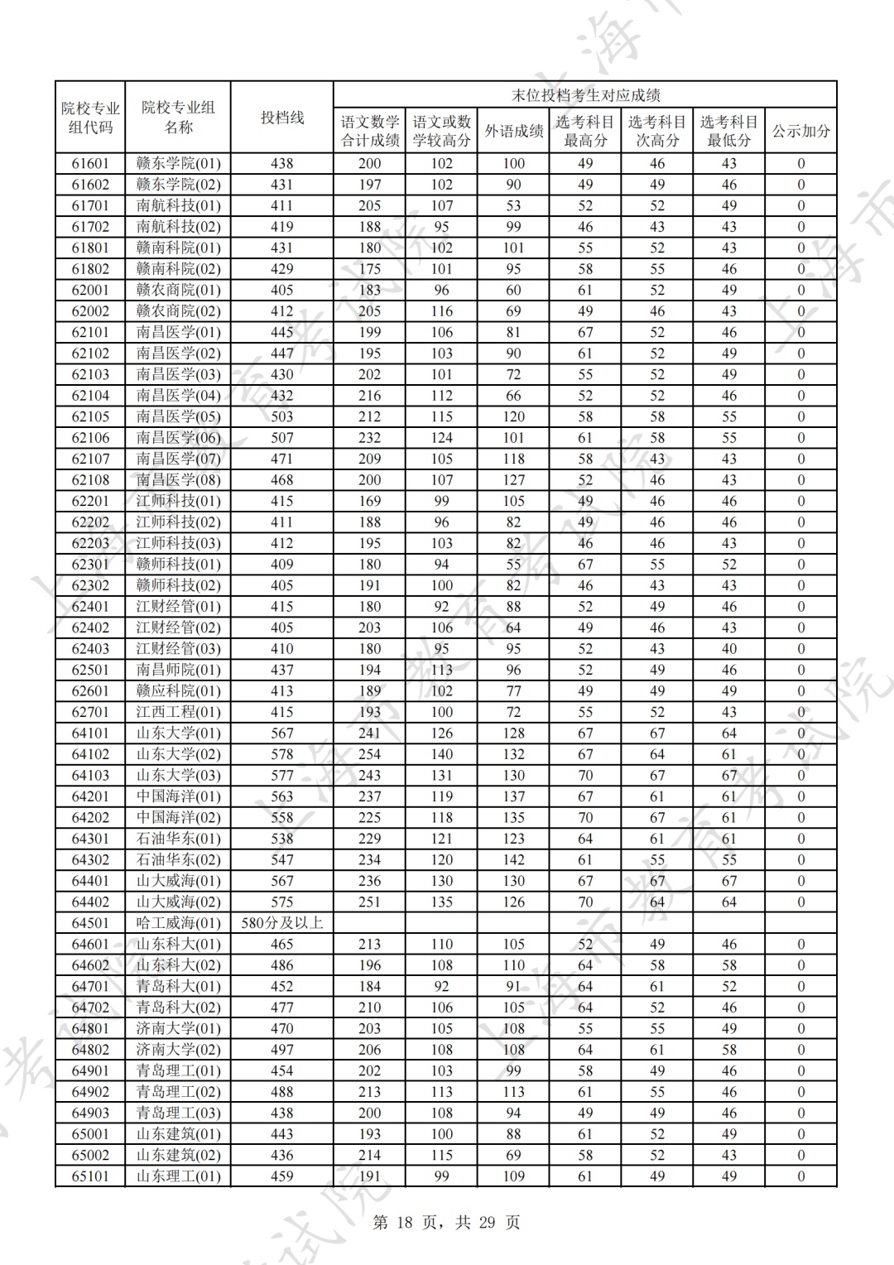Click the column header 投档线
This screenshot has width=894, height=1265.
[x=282, y=118]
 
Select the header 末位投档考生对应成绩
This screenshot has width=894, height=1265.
[x=585, y=95]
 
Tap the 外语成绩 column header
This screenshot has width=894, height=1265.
[x=513, y=131]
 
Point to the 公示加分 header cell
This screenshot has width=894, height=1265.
[x=800, y=131]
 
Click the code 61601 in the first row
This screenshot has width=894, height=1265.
[x=90, y=164]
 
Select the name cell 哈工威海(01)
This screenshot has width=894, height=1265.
[x=178, y=923]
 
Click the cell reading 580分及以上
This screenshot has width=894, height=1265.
[x=282, y=923]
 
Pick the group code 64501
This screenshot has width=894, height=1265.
[x=90, y=923]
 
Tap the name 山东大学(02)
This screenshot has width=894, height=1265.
[x=178, y=754]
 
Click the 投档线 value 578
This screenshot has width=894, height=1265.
[x=282, y=754]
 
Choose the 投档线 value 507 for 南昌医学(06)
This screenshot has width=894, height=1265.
[x=282, y=438]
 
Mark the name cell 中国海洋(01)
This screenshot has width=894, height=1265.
[x=178, y=796]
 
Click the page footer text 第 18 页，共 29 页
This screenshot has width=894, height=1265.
[x=447, y=1222]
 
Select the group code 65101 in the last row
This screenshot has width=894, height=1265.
[x=90, y=1176]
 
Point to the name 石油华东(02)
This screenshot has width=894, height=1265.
[x=178, y=860]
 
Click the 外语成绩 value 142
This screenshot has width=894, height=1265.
[x=513, y=860]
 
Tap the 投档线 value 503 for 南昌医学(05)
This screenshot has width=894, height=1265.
[x=282, y=416]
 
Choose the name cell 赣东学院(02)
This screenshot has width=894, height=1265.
[x=178, y=185]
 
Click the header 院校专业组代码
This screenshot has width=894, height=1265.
[x=90, y=118]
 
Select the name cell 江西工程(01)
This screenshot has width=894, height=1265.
[x=178, y=712]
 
